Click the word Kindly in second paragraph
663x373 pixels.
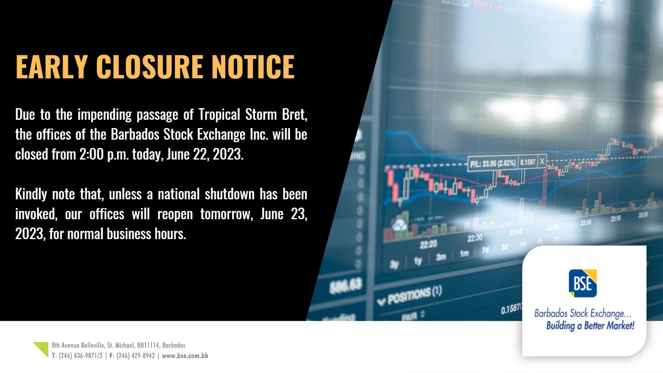point(31,194)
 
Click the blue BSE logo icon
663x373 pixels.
point(582,283)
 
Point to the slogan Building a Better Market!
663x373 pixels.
point(590,326)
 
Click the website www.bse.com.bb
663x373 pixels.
point(185,356)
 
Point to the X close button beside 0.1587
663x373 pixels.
point(542,162)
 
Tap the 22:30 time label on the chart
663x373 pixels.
point(474,238)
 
